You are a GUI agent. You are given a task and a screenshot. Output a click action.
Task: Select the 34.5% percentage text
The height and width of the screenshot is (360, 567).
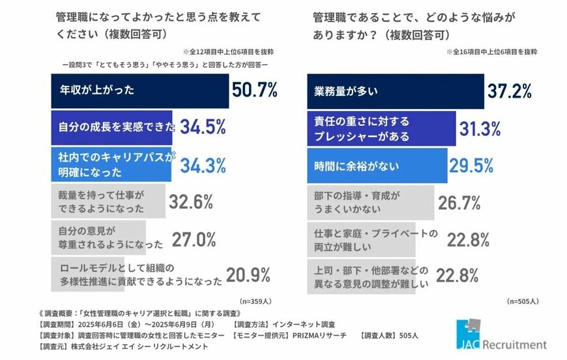[203, 127]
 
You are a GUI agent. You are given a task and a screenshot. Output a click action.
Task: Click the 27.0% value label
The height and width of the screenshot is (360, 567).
[194, 239]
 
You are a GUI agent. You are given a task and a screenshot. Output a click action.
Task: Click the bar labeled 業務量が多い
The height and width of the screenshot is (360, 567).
[395, 91]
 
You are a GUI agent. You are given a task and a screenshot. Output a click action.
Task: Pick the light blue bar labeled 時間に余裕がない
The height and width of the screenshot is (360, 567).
[377, 164]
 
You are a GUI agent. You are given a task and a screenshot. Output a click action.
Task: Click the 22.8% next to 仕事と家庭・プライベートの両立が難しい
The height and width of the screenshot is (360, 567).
[467, 239]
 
